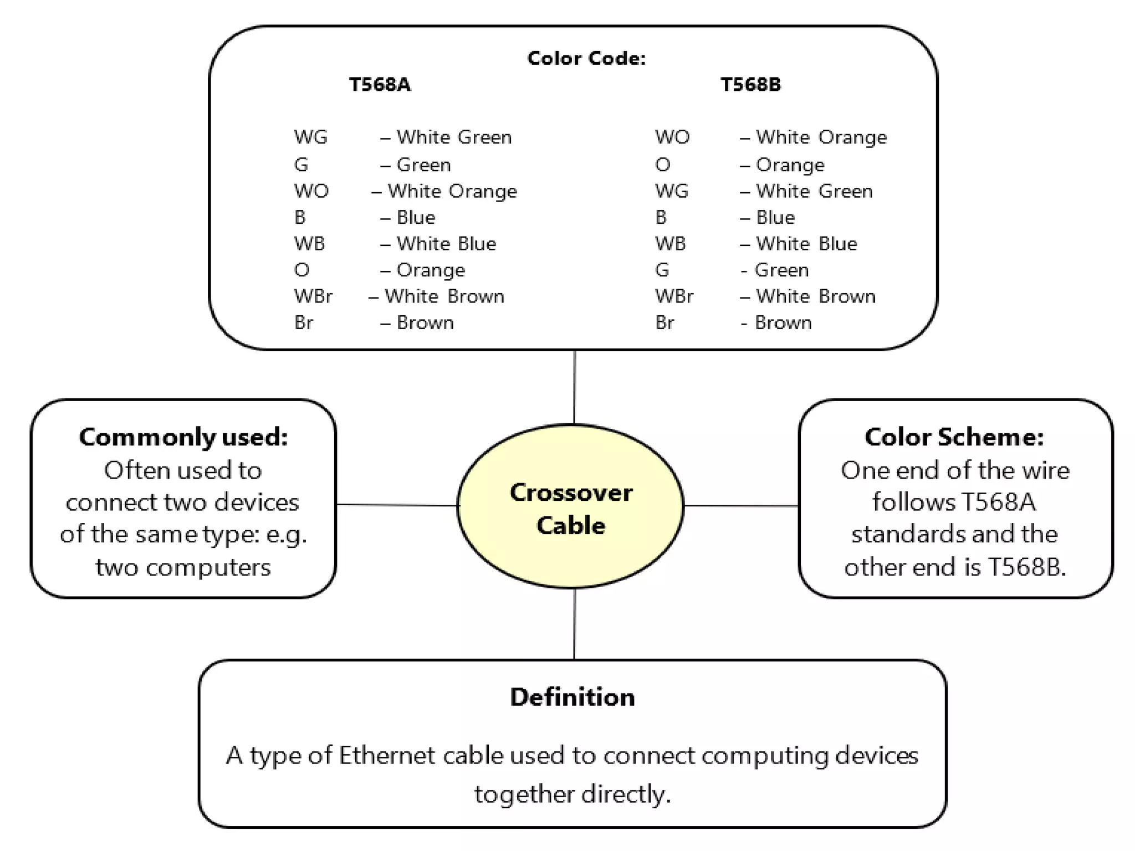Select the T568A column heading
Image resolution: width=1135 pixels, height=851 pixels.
click(380, 85)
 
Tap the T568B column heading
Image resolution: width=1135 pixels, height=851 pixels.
click(750, 85)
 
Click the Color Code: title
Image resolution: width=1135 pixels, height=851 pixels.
click(586, 58)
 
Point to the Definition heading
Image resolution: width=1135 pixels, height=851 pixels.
click(572, 697)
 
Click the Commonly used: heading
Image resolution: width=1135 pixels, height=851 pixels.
click(183, 437)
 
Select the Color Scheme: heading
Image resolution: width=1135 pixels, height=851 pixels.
click(954, 437)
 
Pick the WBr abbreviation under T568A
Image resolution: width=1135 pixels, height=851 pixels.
click(313, 296)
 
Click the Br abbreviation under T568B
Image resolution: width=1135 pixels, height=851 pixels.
click(664, 322)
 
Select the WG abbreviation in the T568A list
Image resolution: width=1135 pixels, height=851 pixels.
click(310, 137)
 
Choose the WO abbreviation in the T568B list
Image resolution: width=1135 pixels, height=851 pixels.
click(672, 137)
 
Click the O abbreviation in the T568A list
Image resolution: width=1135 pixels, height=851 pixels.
click(301, 270)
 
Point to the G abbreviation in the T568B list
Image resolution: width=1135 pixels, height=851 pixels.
click(662, 270)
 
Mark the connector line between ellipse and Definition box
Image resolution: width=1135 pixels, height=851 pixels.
click(574, 623)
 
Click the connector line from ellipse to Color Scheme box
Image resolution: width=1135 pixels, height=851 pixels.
click(741, 505)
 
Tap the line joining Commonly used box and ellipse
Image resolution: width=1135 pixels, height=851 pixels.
click(397, 505)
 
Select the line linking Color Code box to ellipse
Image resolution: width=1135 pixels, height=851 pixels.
click(574, 387)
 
